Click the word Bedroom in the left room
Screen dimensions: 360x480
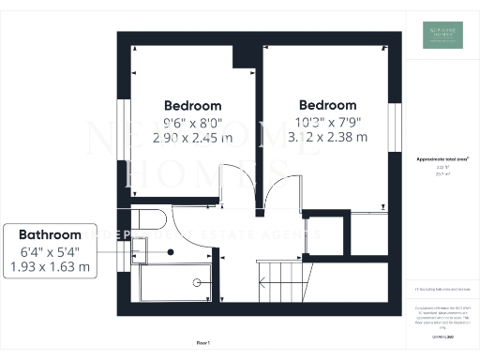193,105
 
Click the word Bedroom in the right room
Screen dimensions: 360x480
327,105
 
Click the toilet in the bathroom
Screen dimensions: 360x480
149,220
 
